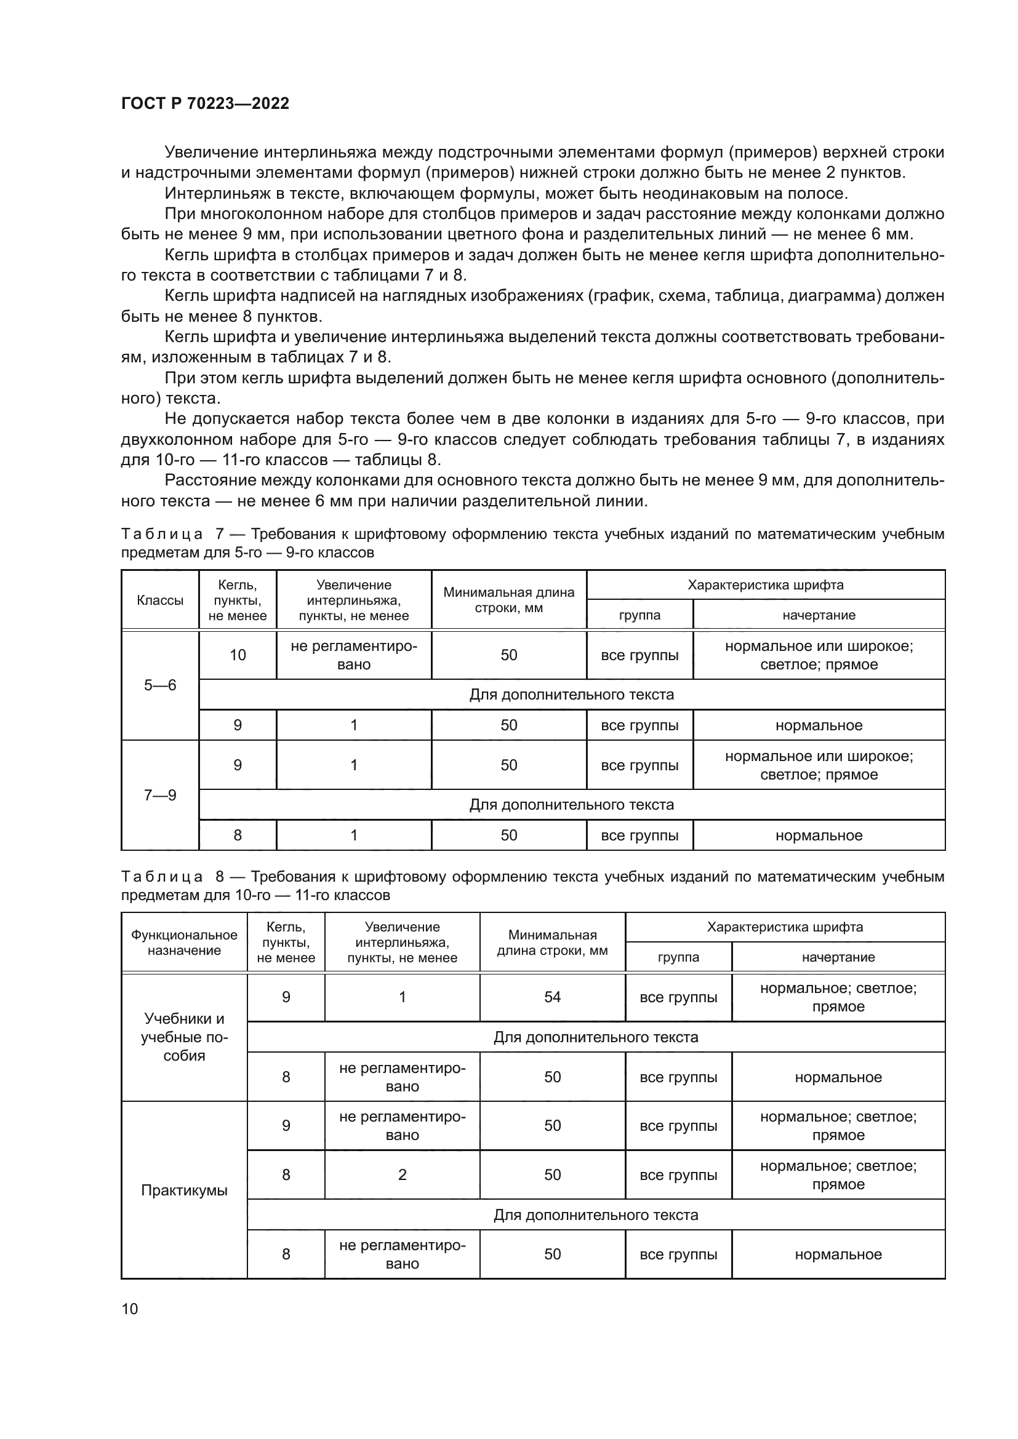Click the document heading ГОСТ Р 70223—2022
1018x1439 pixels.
[205, 103]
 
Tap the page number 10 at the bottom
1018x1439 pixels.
[130, 1309]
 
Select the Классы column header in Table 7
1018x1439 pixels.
[160, 600]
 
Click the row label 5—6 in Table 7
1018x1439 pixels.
[160, 685]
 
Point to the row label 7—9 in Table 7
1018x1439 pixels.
[160, 795]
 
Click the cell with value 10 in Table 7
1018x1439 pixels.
[238, 655]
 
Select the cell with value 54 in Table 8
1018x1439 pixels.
[552, 997]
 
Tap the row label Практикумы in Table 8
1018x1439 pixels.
[183, 1190]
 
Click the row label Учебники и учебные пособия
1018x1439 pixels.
[183, 1037]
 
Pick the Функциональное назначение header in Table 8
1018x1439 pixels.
[183, 943]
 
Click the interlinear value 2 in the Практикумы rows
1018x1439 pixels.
[403, 1174]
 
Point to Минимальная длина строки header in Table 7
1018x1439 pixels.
[508, 600]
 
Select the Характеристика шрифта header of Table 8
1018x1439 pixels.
[785, 927]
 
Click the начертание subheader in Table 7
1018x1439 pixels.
[819, 615]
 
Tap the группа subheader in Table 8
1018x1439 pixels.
[678, 957]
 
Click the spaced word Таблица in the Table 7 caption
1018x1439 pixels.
[162, 534]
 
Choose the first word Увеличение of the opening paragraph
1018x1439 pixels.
[211, 153]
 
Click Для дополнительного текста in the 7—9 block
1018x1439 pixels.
[571, 805]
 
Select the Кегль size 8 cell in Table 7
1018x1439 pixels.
[238, 835]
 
